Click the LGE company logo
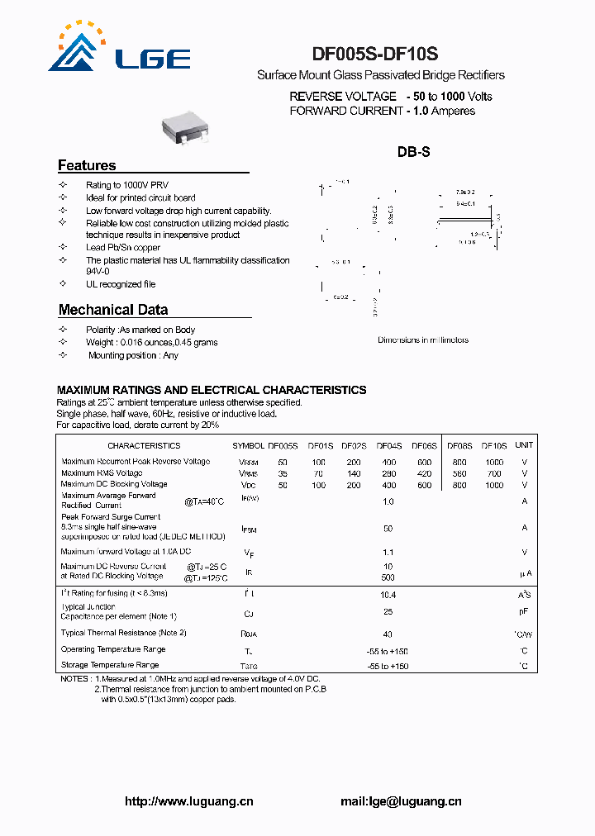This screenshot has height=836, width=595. click(119, 49)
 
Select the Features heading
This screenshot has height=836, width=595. click(87, 165)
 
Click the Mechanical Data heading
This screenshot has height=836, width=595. click(113, 310)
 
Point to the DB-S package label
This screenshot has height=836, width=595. click(413, 152)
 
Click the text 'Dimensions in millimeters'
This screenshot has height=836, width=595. click(422, 340)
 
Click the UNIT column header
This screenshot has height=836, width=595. click(524, 445)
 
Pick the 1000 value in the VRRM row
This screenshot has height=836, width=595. click(494, 462)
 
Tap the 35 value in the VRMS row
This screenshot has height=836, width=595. click(283, 473)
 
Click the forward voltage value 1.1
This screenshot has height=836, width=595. click(388, 552)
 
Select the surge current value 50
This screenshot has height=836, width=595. click(388, 528)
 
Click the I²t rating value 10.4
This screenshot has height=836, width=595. click(388, 594)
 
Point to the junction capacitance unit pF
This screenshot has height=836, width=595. click(524, 612)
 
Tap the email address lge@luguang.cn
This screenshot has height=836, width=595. click(401, 800)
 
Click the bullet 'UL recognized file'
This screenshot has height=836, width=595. click(121, 284)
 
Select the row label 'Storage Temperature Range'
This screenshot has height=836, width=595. click(110, 665)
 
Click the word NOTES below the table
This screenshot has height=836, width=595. click(74, 678)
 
